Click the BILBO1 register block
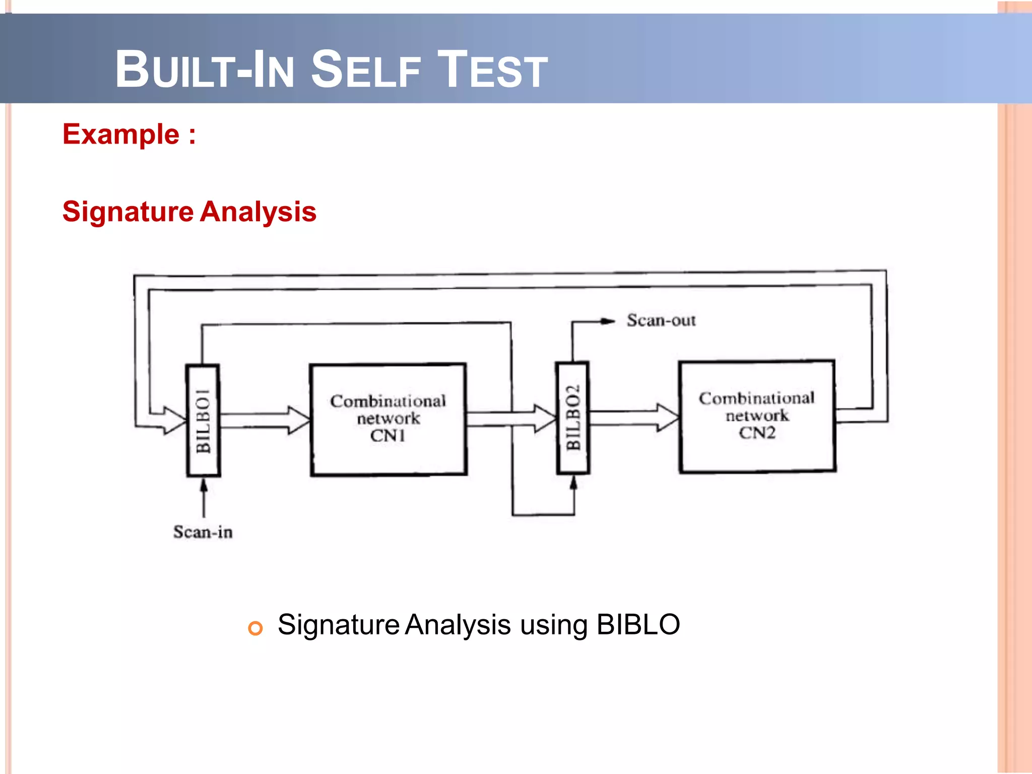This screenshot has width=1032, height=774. pos(203,421)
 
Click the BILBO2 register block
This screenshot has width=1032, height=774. pos(572,418)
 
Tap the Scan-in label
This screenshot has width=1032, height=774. pos(203,532)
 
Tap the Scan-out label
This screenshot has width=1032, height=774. pos(661,320)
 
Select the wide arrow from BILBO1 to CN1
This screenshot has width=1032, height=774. pos(265,420)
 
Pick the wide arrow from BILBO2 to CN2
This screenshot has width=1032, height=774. pos(634,417)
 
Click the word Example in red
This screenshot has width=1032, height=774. pos(121,135)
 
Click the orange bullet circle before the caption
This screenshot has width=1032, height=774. pos(255,628)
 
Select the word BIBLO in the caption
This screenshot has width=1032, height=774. pos(638,625)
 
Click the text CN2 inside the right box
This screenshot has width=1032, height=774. pos(757,433)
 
